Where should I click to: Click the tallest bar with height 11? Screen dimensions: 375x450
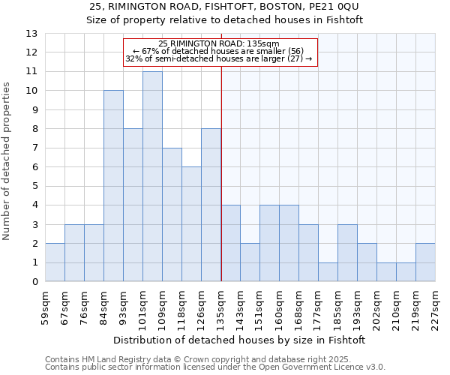[x=152, y=176]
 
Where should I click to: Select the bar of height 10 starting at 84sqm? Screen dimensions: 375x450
[x=113, y=186]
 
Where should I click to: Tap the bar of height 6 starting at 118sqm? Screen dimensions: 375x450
[x=191, y=224]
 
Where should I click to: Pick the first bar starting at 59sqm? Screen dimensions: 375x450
[x=55, y=262]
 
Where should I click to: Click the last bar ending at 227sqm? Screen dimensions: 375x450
[x=425, y=262]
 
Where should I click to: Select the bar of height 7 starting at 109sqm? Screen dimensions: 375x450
[x=172, y=214]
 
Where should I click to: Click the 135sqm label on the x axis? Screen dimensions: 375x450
[x=220, y=305]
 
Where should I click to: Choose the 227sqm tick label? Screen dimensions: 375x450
[x=435, y=305]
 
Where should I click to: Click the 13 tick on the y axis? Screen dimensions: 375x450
[x=31, y=34]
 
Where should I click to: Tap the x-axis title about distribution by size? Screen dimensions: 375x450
[x=240, y=340]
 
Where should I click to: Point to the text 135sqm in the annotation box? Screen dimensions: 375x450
[x=262, y=43]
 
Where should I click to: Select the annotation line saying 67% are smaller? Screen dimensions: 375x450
[x=218, y=51]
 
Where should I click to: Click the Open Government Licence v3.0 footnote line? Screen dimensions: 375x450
[x=215, y=367]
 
